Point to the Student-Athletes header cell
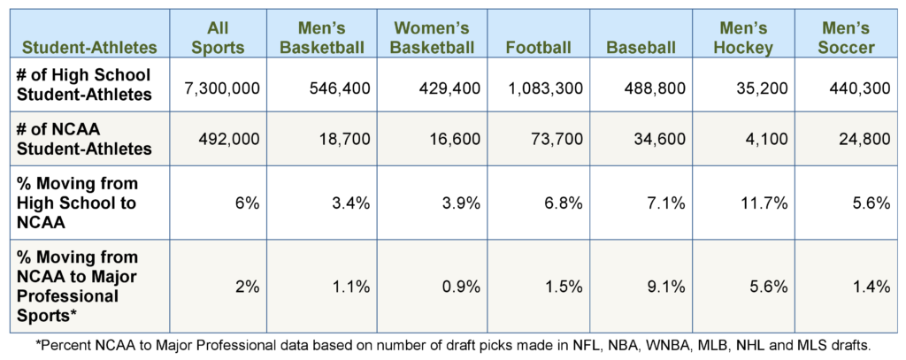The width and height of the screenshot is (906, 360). tap(88, 46)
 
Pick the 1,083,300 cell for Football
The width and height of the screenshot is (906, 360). tap(545, 87)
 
